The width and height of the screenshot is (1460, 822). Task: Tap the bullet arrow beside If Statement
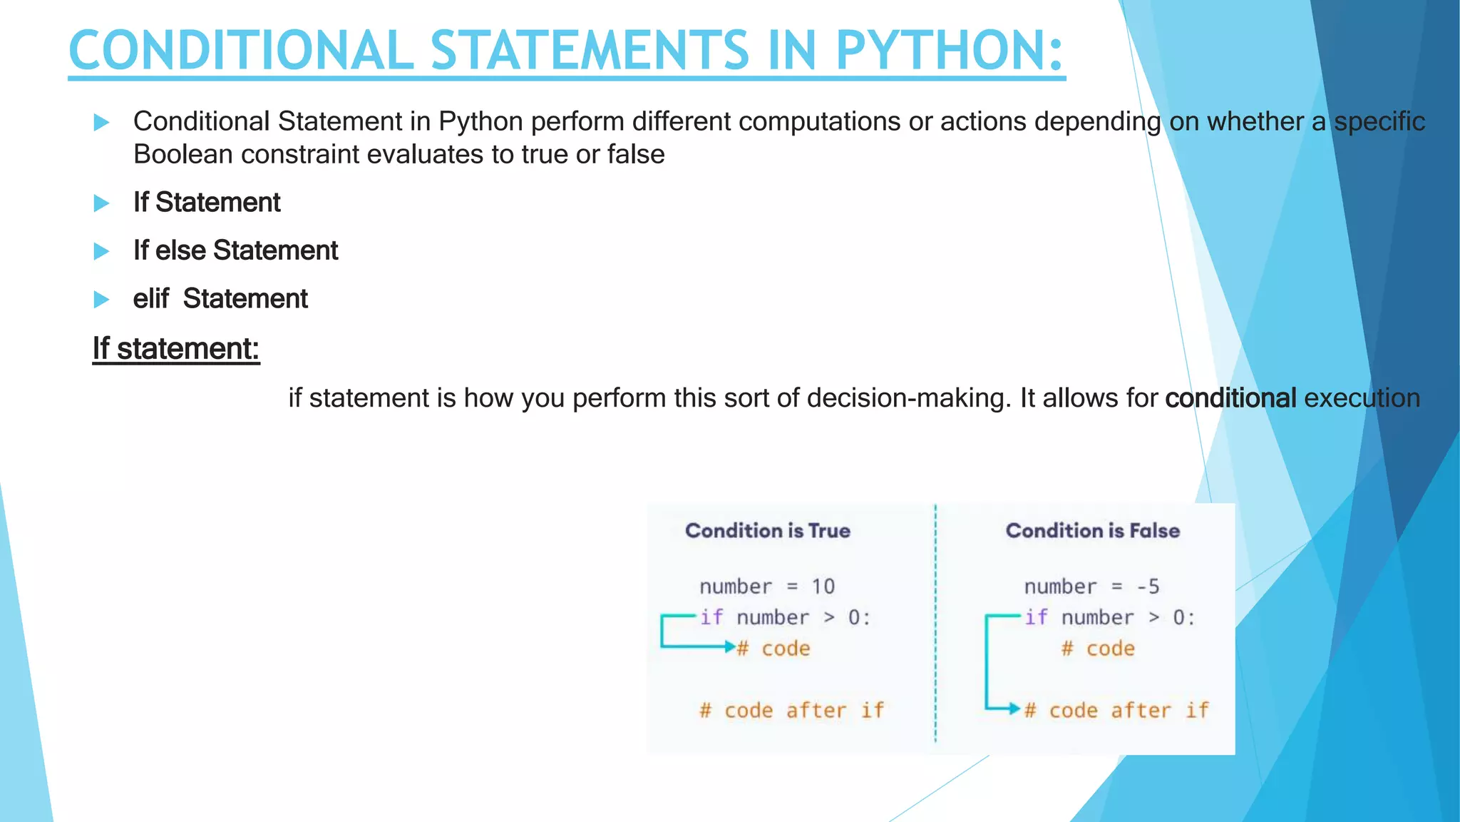101,203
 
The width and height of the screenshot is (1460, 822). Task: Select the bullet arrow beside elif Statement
101,300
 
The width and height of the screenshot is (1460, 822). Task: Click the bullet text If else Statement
235,250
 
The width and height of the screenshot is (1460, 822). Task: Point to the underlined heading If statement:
175,349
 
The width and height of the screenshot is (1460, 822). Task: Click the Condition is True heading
767,531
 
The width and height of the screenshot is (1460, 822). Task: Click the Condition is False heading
1092,531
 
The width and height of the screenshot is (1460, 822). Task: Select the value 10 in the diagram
823,587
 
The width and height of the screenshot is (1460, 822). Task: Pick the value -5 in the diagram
1148,587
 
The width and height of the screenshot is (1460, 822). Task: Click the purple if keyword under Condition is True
711,617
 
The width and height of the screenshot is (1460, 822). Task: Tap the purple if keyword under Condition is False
1036,617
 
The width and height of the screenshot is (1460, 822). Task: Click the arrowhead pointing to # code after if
1014,709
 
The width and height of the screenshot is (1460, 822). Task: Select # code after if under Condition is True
791,711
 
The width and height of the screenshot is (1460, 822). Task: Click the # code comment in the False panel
1098,649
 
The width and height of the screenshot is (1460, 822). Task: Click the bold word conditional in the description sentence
1230,398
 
